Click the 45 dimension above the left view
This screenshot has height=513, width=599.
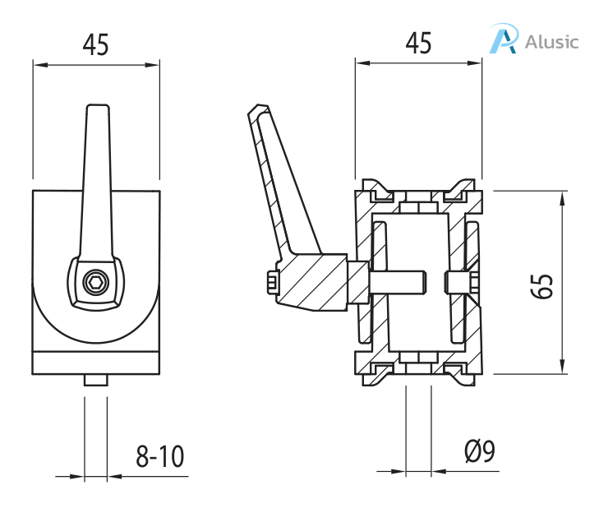point(96,45)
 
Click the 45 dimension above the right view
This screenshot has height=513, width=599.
point(418,44)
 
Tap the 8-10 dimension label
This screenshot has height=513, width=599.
point(160,456)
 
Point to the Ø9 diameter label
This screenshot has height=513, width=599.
point(479,452)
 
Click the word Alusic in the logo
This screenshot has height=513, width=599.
point(551,41)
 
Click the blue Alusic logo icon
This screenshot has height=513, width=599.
point(504,39)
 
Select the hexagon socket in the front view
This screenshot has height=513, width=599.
point(96,284)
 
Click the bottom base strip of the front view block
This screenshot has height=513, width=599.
point(96,362)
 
